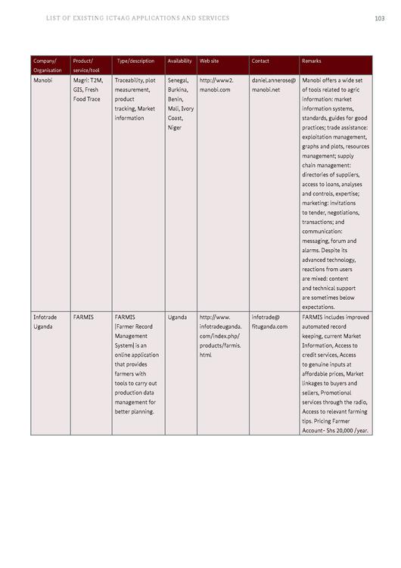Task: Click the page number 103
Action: (380, 18)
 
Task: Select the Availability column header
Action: (179, 61)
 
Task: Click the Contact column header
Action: (260, 61)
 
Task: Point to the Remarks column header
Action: (312, 61)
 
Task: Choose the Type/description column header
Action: (136, 61)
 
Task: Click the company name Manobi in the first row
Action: (42, 80)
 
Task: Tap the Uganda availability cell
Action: (177, 317)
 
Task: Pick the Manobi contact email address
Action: (274, 84)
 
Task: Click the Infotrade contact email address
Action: (269, 322)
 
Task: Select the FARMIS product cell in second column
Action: (83, 317)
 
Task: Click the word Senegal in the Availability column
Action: (179, 80)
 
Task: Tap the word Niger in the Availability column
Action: (175, 127)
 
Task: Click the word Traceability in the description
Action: (129, 80)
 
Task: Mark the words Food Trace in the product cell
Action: (87, 98)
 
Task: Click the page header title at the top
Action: (138, 18)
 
